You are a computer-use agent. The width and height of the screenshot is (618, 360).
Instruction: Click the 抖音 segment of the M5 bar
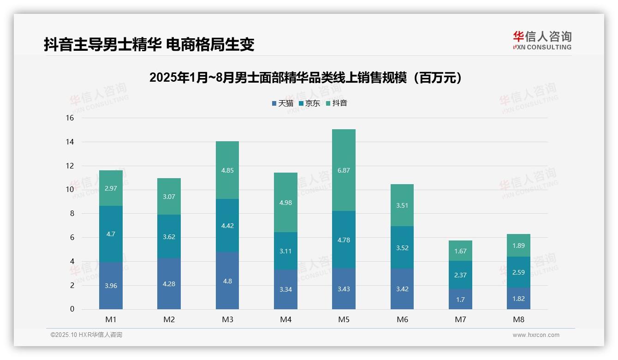click(344, 170)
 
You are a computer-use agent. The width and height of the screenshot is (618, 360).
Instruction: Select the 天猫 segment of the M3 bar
click(227, 281)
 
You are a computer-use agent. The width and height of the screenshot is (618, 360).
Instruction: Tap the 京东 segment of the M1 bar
click(111, 234)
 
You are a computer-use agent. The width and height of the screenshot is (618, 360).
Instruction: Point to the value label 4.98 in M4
click(285, 203)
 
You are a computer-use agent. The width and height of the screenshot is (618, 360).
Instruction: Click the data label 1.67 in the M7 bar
click(460, 251)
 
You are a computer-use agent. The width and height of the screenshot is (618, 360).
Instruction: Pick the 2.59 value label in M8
click(518, 272)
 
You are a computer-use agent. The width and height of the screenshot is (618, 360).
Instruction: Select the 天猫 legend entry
click(282, 103)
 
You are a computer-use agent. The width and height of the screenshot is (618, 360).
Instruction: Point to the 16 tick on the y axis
click(70, 118)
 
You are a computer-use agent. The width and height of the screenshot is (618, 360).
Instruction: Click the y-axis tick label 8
click(71, 214)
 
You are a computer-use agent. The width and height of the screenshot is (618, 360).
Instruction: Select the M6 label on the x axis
click(402, 319)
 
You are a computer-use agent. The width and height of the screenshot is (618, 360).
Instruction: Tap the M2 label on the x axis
click(169, 319)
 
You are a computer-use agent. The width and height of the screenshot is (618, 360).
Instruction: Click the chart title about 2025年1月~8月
click(306, 78)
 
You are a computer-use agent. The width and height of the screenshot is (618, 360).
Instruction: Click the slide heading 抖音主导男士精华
click(149, 45)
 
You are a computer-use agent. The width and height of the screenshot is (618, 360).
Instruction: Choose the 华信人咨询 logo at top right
click(542, 41)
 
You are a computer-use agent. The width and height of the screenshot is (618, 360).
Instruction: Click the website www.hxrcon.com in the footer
click(536, 335)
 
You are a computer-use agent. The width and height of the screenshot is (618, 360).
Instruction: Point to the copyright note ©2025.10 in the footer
click(86, 335)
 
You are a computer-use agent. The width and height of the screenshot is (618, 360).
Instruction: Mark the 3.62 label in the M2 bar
click(169, 237)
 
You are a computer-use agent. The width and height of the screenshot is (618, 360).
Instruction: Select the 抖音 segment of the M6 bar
click(402, 205)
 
